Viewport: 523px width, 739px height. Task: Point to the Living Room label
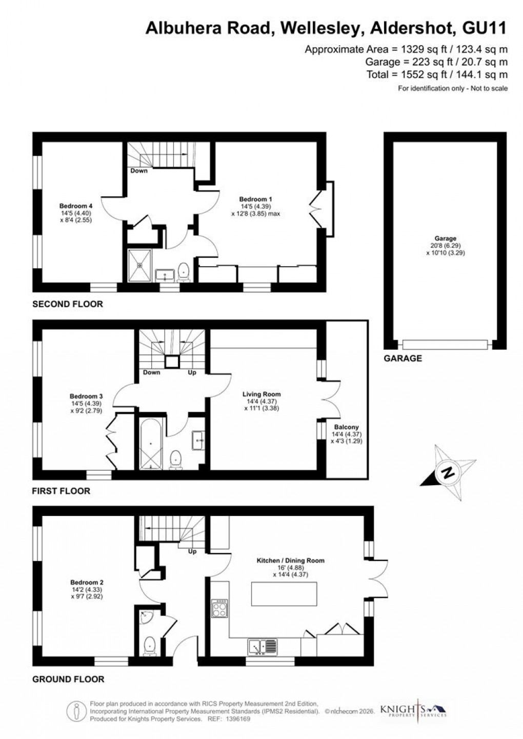(x=261, y=394)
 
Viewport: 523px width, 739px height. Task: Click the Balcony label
(x=346, y=427)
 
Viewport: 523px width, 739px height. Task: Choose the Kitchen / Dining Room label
(x=290, y=561)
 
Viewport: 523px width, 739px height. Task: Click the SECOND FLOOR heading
(x=68, y=304)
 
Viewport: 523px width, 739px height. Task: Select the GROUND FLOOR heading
(x=68, y=680)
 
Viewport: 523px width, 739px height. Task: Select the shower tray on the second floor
(x=139, y=264)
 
